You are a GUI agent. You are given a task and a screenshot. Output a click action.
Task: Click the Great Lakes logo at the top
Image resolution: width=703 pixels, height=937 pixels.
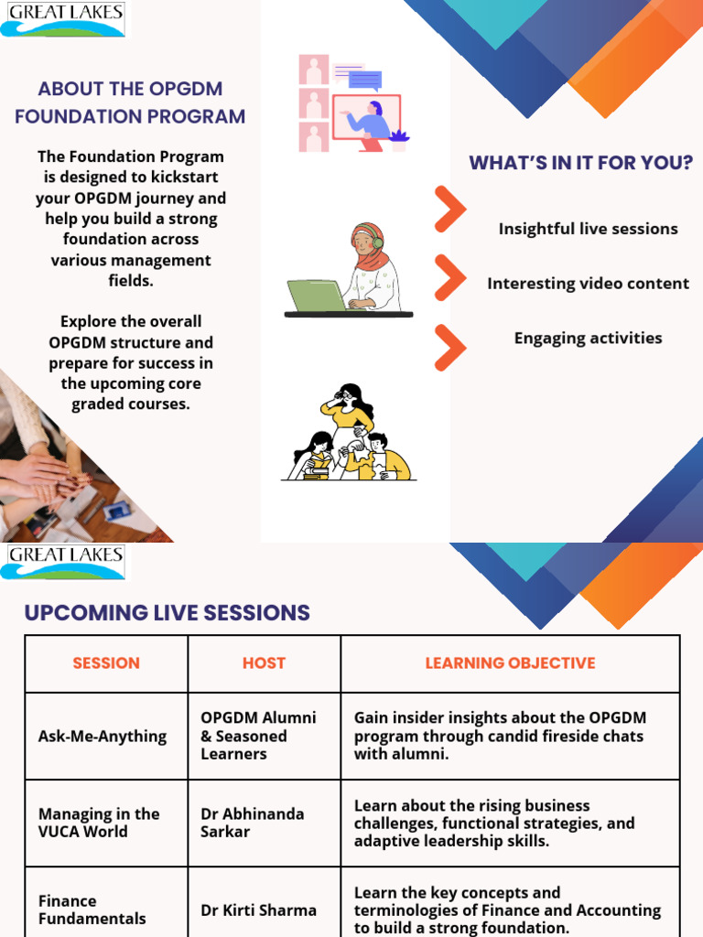coord(62,19)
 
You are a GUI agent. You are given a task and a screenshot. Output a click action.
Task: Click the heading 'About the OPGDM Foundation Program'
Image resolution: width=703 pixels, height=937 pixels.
coord(130,102)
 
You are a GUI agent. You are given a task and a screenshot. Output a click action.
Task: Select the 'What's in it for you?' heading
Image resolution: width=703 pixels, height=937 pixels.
coord(580,163)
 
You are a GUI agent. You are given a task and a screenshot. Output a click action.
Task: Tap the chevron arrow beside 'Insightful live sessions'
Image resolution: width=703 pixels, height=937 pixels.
coord(449,210)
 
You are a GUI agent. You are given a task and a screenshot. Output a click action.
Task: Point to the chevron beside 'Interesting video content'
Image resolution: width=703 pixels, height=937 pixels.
coord(449,278)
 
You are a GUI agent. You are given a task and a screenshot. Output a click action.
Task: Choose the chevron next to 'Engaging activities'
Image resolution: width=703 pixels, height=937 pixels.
coord(449,347)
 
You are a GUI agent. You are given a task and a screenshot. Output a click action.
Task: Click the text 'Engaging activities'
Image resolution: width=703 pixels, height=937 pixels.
coord(588,339)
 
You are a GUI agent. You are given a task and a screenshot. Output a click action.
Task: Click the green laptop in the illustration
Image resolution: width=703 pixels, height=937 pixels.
coord(316,296)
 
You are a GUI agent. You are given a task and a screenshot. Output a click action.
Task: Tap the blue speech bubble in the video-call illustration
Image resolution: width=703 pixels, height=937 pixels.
coord(365,80)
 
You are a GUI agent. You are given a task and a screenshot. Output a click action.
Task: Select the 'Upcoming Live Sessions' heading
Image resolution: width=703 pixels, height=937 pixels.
coord(167,613)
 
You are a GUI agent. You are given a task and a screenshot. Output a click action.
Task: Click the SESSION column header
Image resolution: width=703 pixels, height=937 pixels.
coord(106,663)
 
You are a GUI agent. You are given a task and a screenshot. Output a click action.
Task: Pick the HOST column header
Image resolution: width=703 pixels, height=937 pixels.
coord(264,663)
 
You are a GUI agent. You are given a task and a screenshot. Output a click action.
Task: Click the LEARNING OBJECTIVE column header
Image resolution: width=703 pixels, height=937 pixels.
coord(510,663)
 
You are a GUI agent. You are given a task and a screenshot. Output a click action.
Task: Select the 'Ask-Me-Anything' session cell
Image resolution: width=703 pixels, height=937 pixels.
coord(103,737)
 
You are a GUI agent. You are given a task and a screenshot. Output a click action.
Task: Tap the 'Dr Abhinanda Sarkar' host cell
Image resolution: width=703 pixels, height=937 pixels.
coord(253,823)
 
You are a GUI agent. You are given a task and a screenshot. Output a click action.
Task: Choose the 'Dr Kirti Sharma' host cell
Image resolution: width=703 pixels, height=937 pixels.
coord(258,910)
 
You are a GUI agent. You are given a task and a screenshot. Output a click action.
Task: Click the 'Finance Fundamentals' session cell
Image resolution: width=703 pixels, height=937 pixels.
coord(92,910)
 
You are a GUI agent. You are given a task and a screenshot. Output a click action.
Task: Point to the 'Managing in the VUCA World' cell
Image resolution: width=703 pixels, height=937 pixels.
coord(99,823)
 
